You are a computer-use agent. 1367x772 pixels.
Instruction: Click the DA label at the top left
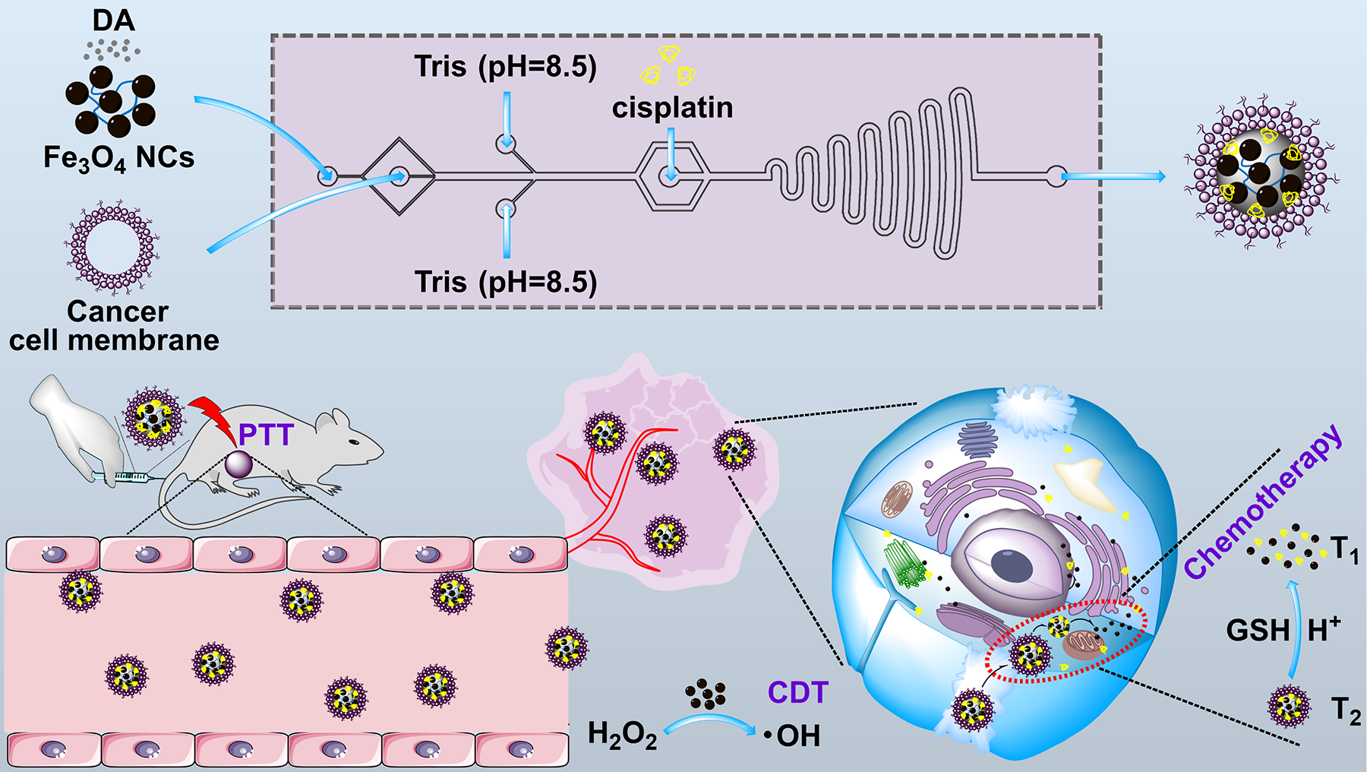(114, 21)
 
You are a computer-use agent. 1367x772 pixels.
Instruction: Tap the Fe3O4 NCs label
(118, 158)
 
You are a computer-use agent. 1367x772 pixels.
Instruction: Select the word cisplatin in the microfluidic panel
(672, 108)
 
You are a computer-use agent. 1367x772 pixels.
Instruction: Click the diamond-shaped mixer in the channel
(399, 177)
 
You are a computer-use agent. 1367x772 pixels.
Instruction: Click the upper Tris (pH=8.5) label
(505, 67)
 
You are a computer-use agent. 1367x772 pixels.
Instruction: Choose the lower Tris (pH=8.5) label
(505, 282)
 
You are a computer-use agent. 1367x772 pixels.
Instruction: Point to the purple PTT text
(266, 435)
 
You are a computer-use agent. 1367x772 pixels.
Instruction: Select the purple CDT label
(797, 693)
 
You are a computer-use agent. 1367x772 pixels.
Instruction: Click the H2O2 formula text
(622, 736)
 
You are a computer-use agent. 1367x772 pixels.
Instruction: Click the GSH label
(1258, 631)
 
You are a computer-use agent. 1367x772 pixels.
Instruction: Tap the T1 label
(1344, 549)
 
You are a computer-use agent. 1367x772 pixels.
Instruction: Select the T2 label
(1346, 711)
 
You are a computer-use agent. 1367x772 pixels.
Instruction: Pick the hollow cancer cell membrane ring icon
(112, 248)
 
